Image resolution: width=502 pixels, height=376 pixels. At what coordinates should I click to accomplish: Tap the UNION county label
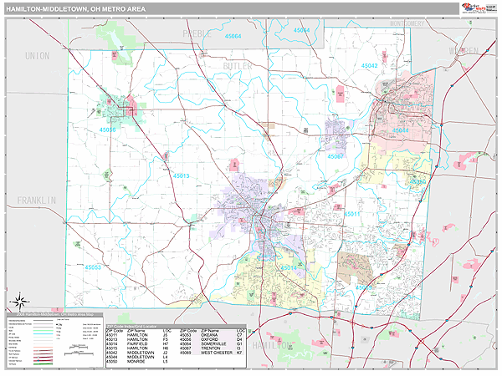click(x=37, y=56)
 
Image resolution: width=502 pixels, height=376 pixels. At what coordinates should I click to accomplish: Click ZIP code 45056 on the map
click(x=108, y=130)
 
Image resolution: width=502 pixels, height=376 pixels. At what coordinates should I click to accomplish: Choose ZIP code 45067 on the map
click(x=336, y=156)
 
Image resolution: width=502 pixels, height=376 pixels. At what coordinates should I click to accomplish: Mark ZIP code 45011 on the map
click(x=352, y=214)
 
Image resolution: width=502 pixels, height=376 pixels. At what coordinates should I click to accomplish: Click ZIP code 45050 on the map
click(x=417, y=181)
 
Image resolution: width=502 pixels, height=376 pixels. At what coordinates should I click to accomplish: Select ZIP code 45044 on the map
click(x=402, y=130)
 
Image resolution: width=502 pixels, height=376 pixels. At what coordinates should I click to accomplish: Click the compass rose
click(x=20, y=300)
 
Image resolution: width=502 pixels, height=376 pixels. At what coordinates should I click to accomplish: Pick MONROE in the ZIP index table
click(x=140, y=361)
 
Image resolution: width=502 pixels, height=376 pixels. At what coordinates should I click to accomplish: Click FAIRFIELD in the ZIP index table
click(x=140, y=342)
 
